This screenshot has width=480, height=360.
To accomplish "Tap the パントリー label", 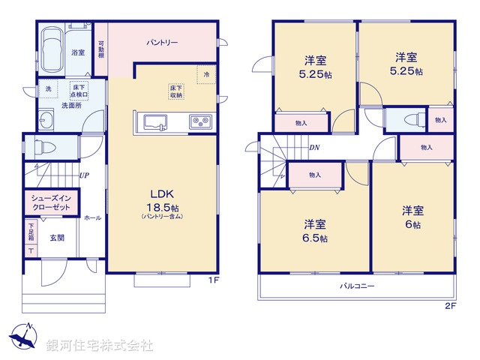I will [x=162, y=43].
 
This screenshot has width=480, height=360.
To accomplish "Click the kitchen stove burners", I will [x=200, y=121].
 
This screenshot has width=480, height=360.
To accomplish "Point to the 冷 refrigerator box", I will [x=207, y=74].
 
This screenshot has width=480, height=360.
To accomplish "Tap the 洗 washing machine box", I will [x=49, y=90].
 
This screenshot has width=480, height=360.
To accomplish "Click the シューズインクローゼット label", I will [x=51, y=202].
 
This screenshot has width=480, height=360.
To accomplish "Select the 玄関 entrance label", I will [x=58, y=238].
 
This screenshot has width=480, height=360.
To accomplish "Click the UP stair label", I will [x=85, y=175].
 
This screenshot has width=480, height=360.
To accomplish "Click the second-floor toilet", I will [x=410, y=119].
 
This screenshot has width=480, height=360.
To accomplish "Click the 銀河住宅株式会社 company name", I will [x=100, y=346].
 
